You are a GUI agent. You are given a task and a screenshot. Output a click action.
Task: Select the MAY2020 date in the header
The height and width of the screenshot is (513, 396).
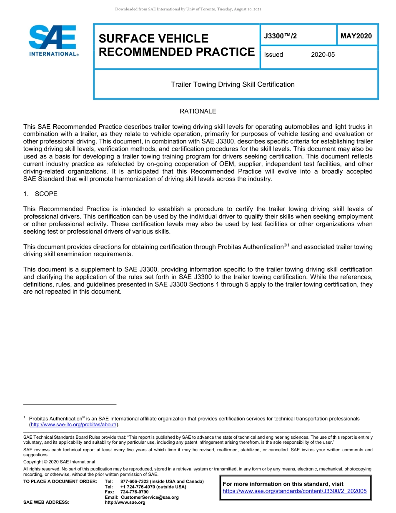(356, 36)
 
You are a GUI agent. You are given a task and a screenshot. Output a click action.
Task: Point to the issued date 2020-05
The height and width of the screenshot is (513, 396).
(323, 55)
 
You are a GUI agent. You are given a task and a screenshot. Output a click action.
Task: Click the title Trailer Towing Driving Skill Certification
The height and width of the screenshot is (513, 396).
(233, 84)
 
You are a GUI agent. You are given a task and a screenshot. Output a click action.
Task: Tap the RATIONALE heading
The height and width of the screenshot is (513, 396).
(198, 111)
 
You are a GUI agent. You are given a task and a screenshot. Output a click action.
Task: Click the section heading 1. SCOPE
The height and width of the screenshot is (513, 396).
(40, 194)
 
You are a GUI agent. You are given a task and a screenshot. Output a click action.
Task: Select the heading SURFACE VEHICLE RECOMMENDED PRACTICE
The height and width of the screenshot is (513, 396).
(176, 45)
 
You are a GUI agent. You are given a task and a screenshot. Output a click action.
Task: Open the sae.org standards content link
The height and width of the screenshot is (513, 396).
(295, 491)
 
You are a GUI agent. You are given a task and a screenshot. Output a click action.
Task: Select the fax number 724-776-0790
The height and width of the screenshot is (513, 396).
(134, 492)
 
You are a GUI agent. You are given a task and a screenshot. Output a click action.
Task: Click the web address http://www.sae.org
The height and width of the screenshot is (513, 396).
(125, 502)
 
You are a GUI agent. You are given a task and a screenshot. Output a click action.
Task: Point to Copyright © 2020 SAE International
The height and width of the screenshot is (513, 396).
(59, 462)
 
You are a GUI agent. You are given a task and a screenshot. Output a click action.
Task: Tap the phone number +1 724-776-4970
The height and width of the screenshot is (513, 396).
(138, 487)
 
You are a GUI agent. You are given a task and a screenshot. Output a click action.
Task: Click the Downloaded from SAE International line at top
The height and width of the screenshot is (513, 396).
(188, 9)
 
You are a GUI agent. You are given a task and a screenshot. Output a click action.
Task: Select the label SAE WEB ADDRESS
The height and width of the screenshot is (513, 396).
(46, 502)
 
